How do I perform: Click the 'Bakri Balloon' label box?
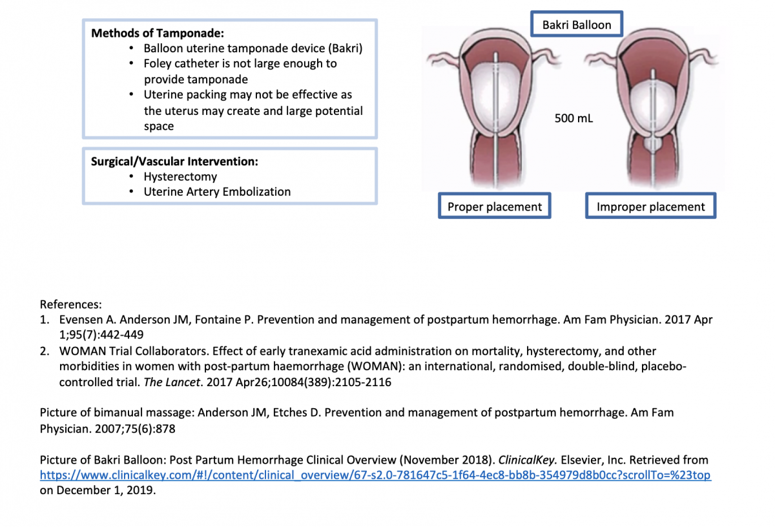[576, 25]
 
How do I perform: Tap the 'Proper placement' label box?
[495, 207]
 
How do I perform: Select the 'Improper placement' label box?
[650, 207]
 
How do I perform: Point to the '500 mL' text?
[573, 118]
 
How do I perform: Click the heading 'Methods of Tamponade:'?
[158, 33]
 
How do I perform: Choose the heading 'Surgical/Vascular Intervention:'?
[174, 161]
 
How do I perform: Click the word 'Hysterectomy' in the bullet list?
[180, 176]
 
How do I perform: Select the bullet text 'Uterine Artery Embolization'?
[217, 192]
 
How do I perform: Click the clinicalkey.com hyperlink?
[375, 475]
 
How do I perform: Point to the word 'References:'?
[71, 304]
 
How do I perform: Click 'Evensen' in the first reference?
[80, 320]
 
